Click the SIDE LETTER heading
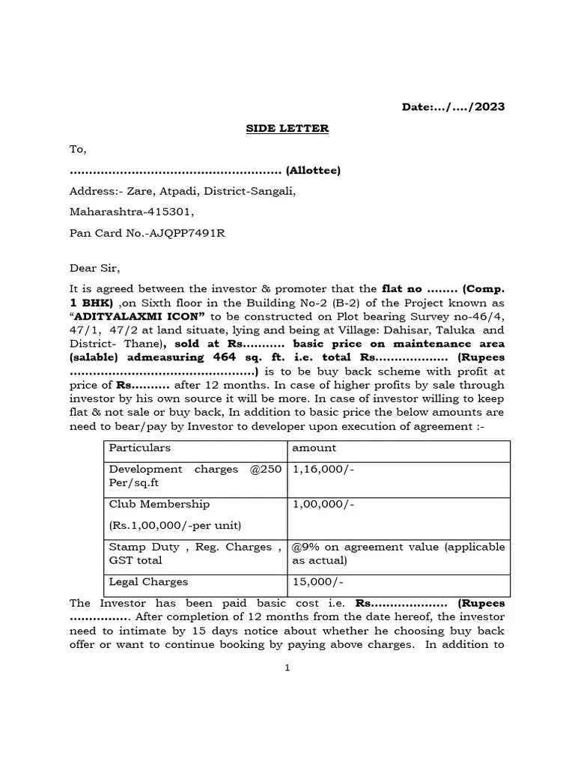pos(287,128)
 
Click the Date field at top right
pos(453,107)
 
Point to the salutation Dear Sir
pos(94,268)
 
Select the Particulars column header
pos(139,448)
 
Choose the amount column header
pos(314,448)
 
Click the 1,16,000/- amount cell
pos(317,469)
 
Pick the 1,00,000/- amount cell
pos(317,505)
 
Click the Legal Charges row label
pos(148,582)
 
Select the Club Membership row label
pos(159,505)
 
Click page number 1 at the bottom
pos(287,669)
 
